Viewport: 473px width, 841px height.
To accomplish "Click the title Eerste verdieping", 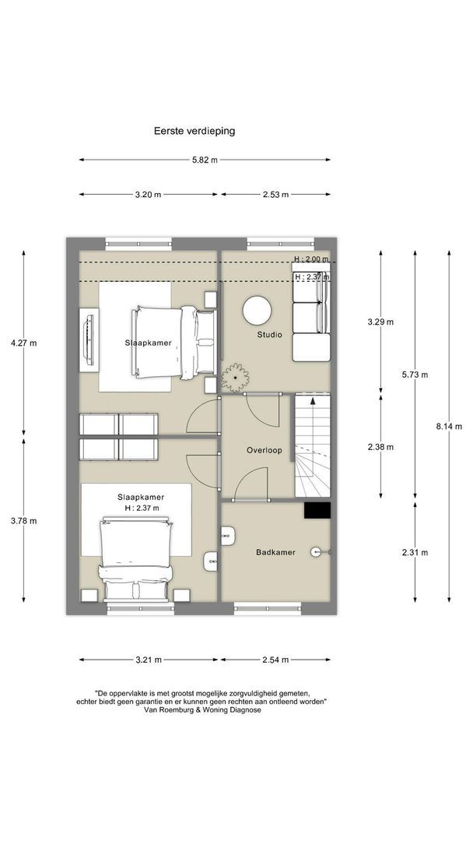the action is point(194,130).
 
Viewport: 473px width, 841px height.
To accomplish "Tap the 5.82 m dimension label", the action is point(205,160).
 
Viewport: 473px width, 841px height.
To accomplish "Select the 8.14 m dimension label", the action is point(449,427).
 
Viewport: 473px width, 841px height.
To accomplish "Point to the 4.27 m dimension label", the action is point(23,343).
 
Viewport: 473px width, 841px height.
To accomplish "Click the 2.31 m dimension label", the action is point(415,552).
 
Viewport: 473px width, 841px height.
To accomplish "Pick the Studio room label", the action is point(269,335).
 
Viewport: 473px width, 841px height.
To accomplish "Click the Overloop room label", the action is point(264,451).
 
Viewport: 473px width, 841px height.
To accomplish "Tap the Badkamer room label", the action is point(275,552).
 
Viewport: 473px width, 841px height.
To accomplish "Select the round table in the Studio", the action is point(257,311).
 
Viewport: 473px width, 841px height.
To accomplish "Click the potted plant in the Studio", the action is point(235,377).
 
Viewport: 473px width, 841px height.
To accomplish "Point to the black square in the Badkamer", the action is point(317,510).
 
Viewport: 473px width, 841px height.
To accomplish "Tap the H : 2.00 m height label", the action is point(311,259).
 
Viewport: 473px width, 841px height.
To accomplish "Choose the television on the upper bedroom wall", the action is point(89,340).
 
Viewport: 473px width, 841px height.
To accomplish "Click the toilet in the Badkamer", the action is point(229,535).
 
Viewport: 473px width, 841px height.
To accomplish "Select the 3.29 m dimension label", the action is point(381,322).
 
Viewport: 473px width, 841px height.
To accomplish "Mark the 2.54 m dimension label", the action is point(276,660).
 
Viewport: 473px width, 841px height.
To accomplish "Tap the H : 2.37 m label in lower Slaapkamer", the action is point(142,508).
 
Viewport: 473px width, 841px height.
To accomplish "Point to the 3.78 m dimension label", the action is point(23,521).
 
